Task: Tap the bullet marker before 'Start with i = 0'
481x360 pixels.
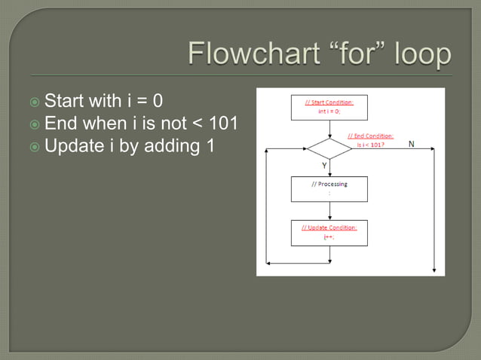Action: click(35, 101)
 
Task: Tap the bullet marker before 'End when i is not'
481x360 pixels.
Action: click(35, 124)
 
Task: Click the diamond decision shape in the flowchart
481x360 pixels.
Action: click(329, 148)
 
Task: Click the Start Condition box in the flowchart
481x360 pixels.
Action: click(329, 107)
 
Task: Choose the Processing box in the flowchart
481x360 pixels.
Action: click(329, 188)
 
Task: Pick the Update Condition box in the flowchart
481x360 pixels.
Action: click(329, 232)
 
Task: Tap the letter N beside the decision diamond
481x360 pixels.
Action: click(411, 143)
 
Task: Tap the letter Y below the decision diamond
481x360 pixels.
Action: click(324, 165)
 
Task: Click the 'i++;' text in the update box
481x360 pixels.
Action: click(329, 237)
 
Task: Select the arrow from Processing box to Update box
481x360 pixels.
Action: click(329, 211)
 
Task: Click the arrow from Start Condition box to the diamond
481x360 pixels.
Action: click(329, 129)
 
